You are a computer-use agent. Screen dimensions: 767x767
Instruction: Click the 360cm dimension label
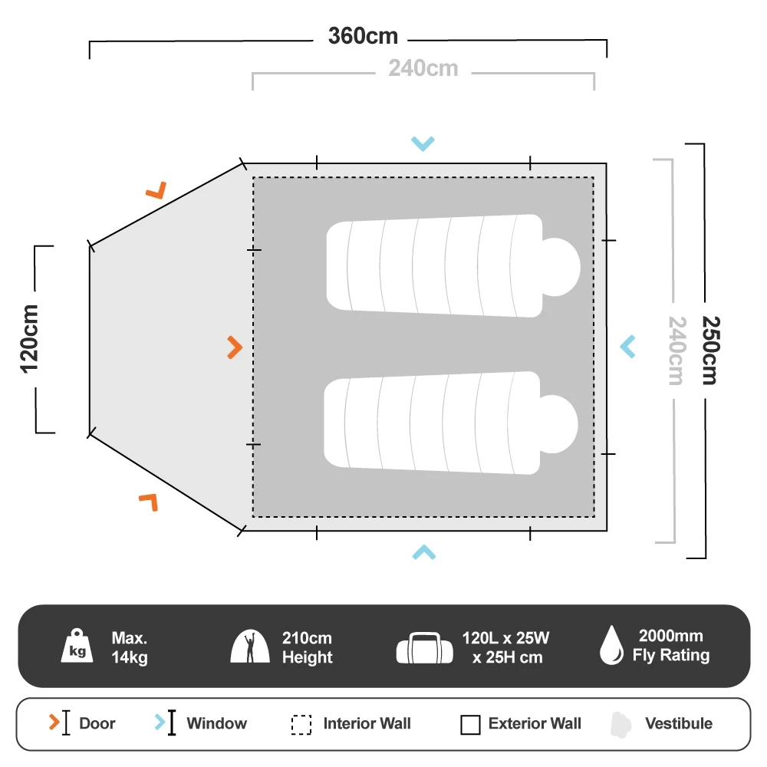[x=363, y=36]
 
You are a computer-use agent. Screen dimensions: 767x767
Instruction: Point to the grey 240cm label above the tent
[x=423, y=68]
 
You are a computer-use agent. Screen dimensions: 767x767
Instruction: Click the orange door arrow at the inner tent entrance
[x=235, y=347]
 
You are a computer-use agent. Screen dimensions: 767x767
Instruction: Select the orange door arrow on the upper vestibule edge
[x=157, y=189]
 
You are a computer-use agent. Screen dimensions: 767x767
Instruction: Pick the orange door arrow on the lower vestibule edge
[x=149, y=502]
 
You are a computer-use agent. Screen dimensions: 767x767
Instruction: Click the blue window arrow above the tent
[x=423, y=143]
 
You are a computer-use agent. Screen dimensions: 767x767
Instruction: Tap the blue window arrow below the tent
[x=423, y=551]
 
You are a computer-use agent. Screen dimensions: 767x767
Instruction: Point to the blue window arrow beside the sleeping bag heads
[x=628, y=347]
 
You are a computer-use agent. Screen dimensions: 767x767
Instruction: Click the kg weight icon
[x=77, y=646]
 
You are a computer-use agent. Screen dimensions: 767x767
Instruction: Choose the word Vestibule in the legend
[x=678, y=723]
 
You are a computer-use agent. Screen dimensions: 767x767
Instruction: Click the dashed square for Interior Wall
[x=301, y=725]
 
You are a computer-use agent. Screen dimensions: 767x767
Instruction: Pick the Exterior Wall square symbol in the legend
[x=470, y=724]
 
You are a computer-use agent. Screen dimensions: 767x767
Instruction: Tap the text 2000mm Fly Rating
[x=670, y=646]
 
